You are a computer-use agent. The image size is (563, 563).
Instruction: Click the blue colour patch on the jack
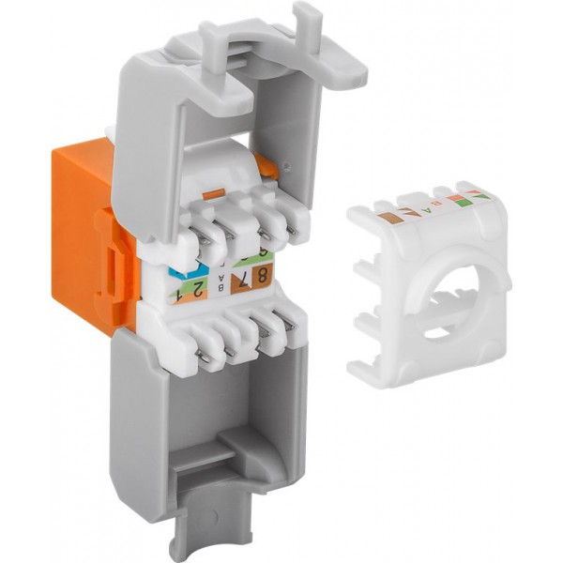coord(182,275)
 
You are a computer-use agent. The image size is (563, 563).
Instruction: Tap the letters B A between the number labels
coord(221,284)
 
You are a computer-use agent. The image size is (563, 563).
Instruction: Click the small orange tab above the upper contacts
coord(214,192)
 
